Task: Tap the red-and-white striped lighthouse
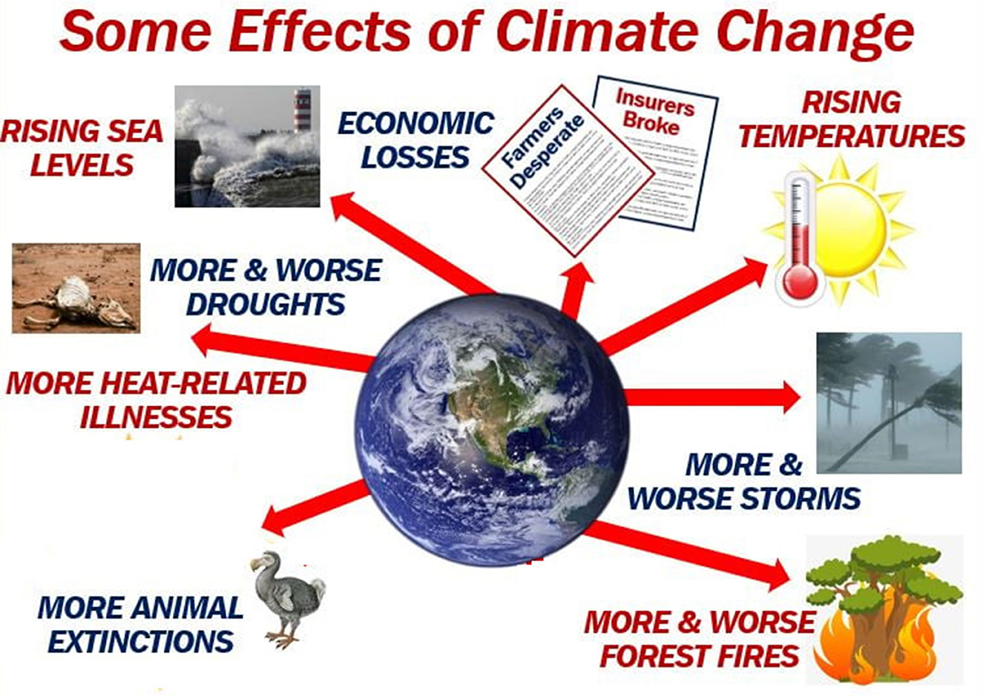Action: pos(303,110)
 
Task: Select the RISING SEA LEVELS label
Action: pos(82,148)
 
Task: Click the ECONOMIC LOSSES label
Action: pos(415,139)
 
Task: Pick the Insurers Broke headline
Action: pos(654,113)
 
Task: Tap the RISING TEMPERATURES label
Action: pos(852,119)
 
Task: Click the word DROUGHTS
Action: pos(266,304)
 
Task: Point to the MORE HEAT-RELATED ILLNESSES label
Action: pos(156,400)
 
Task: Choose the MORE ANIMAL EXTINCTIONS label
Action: pos(141,624)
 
